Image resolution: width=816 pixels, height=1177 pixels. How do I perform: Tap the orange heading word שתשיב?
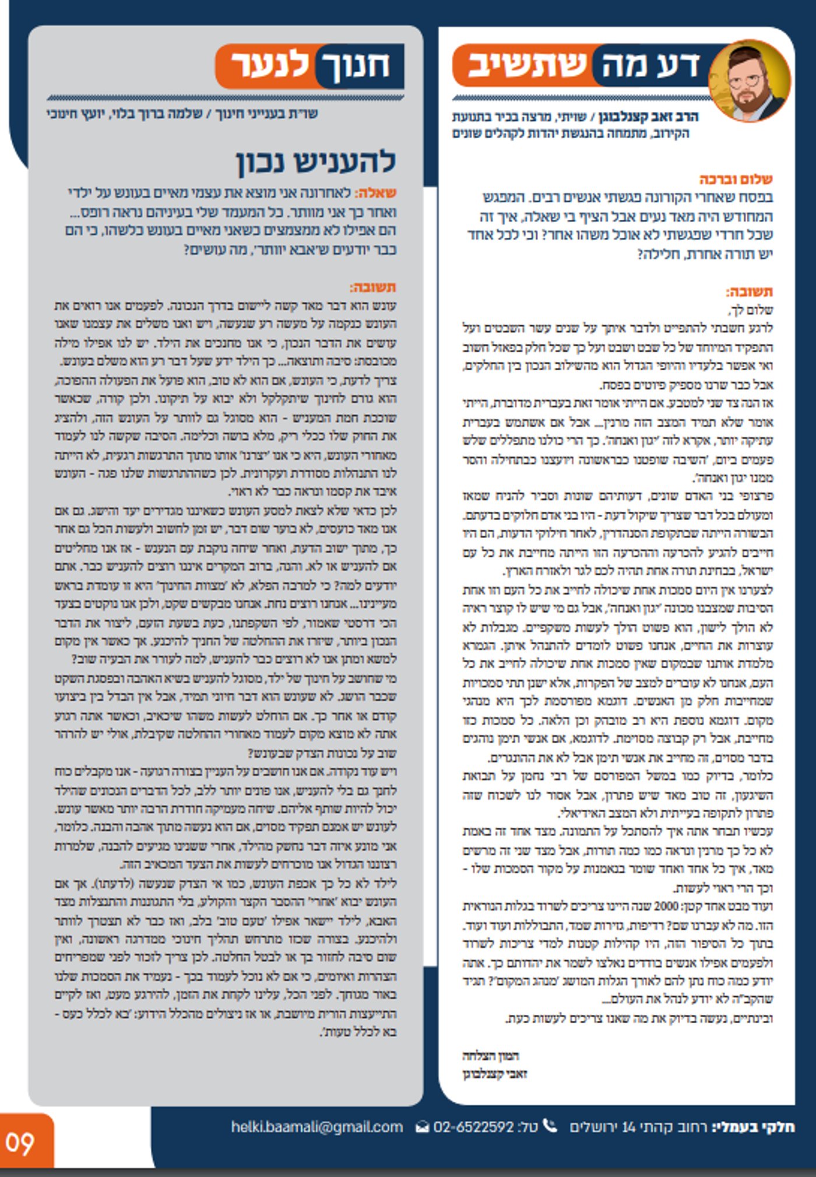click(527, 65)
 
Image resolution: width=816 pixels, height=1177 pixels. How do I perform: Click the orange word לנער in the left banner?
click(270, 65)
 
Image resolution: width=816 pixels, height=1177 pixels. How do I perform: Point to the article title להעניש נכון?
click(316, 161)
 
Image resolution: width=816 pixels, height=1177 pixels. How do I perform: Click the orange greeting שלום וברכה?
click(736, 179)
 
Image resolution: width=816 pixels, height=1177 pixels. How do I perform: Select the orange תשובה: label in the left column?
click(372, 287)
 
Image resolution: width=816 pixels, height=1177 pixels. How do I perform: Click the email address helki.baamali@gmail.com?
click(316, 1127)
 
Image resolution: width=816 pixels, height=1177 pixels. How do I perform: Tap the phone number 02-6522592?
click(473, 1127)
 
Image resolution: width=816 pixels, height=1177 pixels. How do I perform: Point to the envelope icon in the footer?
click(422, 1127)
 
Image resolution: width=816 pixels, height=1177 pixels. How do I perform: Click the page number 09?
click(20, 1144)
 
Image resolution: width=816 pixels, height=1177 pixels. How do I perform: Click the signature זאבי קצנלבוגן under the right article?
click(495, 1074)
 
